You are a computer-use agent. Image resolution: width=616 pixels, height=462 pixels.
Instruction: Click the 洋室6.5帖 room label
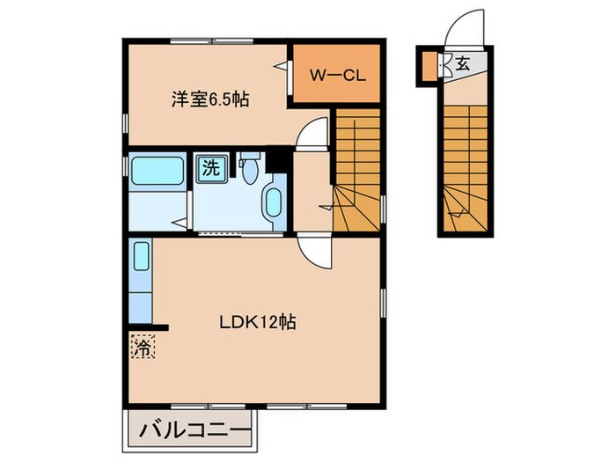pyautogui.click(x=209, y=99)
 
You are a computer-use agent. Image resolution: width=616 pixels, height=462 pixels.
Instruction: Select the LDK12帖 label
pyautogui.click(x=257, y=322)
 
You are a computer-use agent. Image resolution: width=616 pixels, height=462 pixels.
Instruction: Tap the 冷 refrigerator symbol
pyautogui.click(x=142, y=345)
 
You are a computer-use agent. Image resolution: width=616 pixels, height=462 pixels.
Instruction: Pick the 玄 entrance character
pyautogui.click(x=461, y=62)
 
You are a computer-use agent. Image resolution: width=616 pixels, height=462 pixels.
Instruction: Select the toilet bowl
pyautogui.click(x=252, y=167)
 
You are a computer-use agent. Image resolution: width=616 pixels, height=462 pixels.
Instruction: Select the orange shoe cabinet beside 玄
pyautogui.click(x=430, y=65)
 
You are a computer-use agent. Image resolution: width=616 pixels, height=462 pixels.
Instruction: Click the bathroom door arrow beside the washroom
pyautogui.click(x=180, y=221)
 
